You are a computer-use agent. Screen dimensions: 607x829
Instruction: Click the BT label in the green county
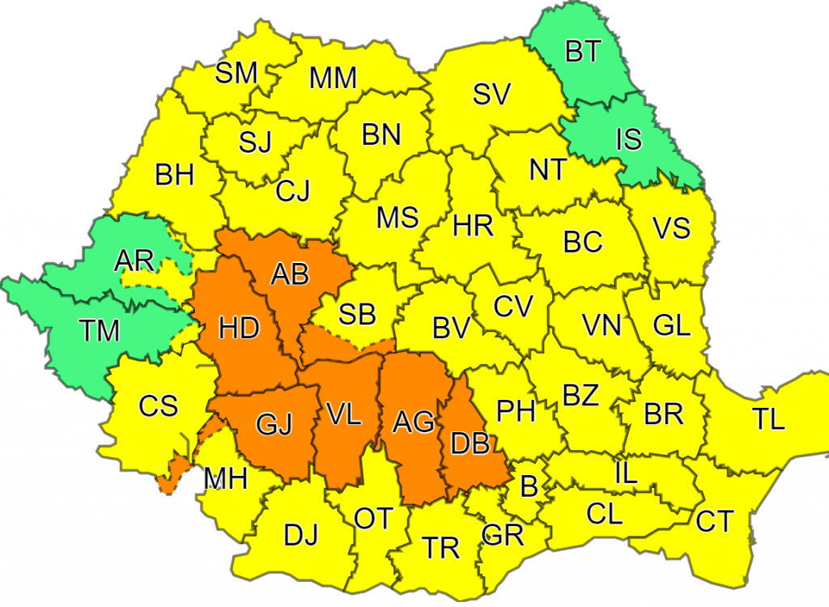pos(582,52)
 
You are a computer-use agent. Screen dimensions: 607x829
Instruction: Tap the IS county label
pos(628,139)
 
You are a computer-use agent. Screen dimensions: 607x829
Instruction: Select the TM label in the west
pos(100,330)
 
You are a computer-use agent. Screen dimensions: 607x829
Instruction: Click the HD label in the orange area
pos(239,329)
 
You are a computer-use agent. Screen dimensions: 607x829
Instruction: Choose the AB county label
pos(290,275)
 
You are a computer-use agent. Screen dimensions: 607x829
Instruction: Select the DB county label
pos(470,443)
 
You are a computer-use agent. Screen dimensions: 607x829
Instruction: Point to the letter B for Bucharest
pos(529,486)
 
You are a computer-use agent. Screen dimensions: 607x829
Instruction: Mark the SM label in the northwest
pos(236,74)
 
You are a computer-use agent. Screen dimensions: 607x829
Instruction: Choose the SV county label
pos(491,95)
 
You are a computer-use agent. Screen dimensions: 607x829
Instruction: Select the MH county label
pos(226,479)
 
